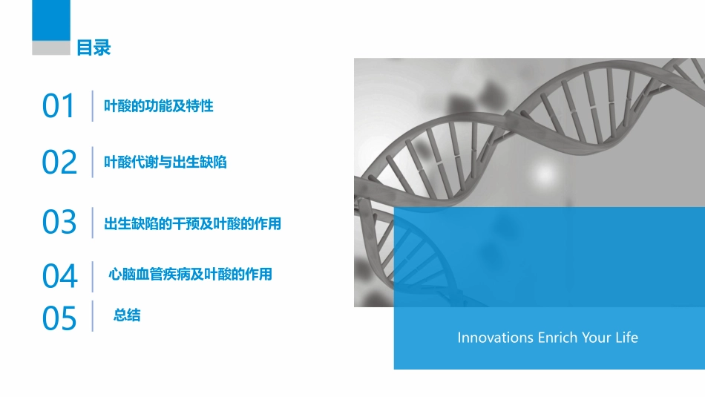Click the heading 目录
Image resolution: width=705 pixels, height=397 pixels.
94,47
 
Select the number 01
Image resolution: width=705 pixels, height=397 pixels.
58,106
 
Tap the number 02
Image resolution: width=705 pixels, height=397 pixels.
59,162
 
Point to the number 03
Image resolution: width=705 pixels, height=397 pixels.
59,222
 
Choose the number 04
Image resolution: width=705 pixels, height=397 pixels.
60,275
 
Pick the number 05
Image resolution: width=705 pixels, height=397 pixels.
59,318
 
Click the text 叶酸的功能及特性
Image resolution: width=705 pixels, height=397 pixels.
158,106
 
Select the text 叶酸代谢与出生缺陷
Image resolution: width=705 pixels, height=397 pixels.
165,162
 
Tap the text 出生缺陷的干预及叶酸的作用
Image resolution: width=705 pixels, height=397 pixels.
192,223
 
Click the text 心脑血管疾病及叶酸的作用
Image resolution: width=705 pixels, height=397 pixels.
190,274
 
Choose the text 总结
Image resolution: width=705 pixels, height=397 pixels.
127,315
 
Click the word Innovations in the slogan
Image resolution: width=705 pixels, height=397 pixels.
495,338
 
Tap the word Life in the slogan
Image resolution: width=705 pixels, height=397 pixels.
627,338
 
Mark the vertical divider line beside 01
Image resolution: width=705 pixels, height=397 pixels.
92,106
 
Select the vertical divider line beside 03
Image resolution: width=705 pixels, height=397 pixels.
92,223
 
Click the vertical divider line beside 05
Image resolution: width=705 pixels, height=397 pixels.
92,316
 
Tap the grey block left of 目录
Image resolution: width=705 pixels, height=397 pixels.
51,48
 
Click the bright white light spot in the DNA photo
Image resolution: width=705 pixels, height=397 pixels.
545,174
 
